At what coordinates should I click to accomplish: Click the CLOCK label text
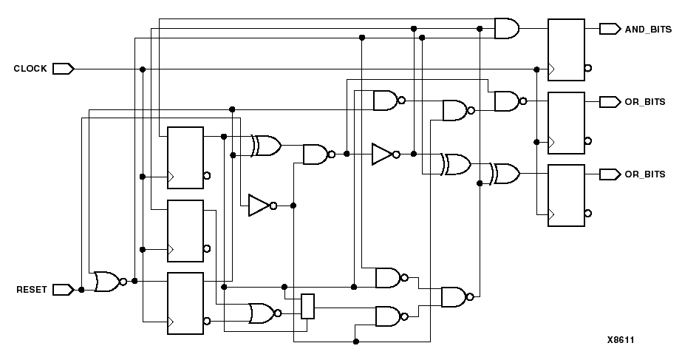tap(30, 69)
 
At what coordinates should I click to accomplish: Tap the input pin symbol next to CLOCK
tap(63, 69)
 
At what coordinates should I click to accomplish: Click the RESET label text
tap(32, 290)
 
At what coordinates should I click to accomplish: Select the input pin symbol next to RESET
tap(63, 290)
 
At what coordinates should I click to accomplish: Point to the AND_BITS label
tap(648, 30)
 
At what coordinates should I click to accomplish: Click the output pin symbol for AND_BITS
tap(610, 29)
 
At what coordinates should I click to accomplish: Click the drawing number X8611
tap(621, 340)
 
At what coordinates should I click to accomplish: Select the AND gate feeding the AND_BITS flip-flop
tap(506, 29)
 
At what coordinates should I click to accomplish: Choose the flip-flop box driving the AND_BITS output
tap(565, 49)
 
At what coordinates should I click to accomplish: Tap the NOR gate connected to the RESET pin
tap(107, 281)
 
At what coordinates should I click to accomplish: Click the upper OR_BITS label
tap(645, 101)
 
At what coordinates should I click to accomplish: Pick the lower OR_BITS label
tap(645, 174)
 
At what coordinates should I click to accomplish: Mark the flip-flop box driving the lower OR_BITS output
tap(565, 195)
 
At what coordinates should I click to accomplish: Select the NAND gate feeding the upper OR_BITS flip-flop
tap(506, 101)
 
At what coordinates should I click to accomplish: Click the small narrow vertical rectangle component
tap(308, 306)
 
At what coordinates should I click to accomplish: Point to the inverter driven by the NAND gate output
tap(384, 154)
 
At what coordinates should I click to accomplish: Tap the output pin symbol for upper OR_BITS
tap(610, 101)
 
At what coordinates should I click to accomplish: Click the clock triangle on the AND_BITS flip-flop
tap(550, 69)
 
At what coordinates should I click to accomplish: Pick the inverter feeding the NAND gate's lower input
tap(260, 206)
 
